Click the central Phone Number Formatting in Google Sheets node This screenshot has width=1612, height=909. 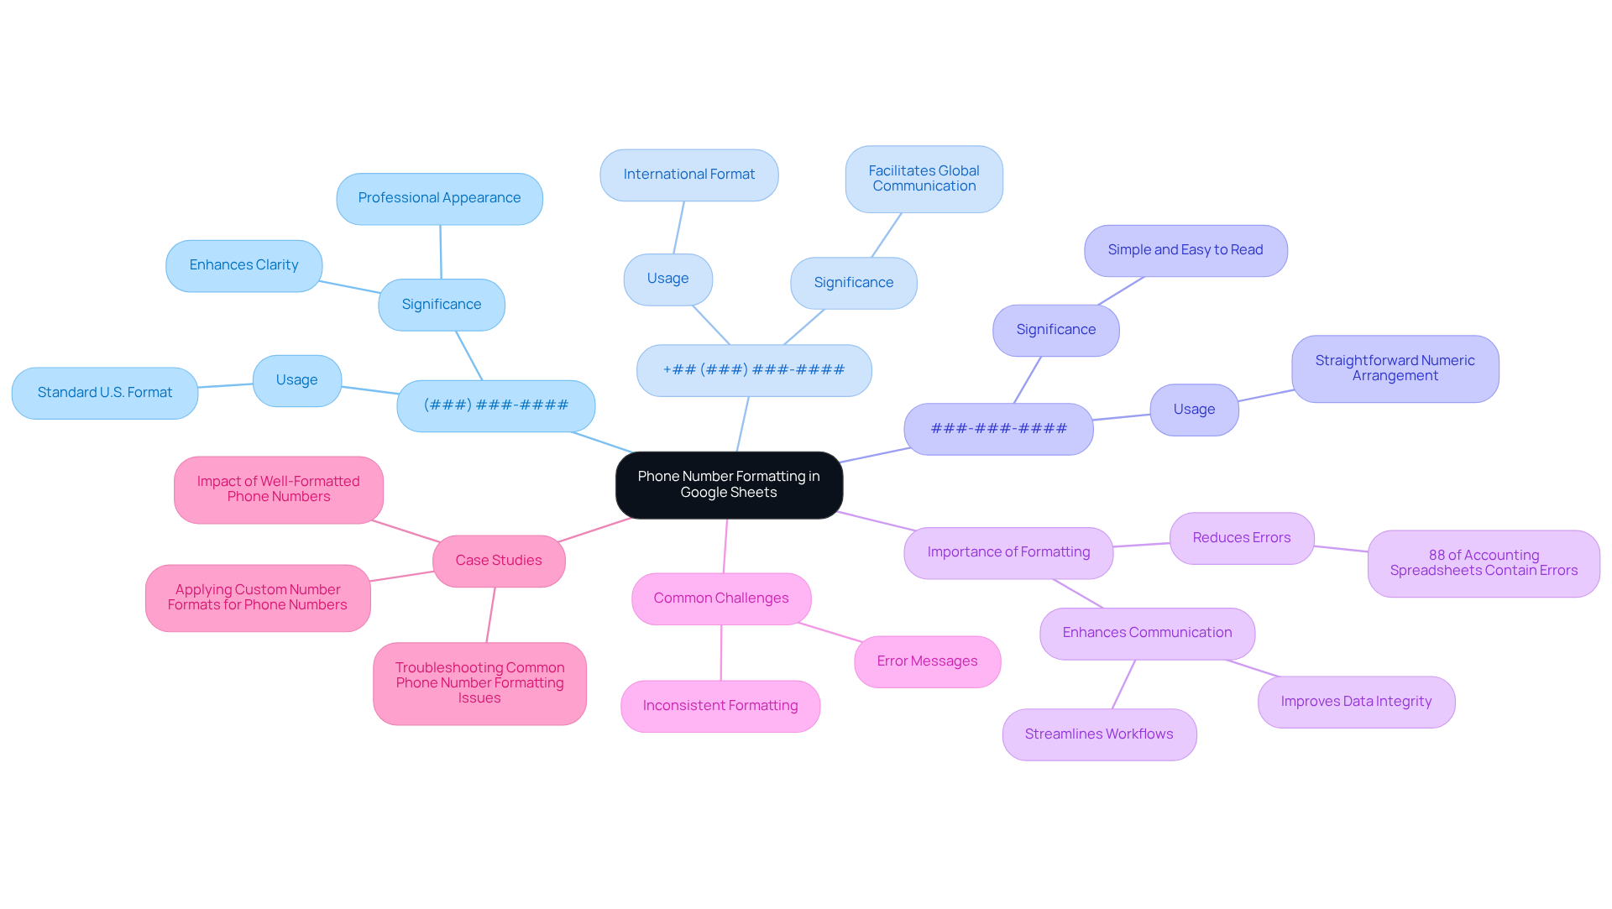click(x=729, y=484)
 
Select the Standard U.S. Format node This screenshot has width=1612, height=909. click(x=105, y=393)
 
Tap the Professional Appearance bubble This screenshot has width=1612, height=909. click(x=439, y=198)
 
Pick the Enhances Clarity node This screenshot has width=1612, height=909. click(x=243, y=265)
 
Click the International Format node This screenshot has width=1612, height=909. click(x=688, y=175)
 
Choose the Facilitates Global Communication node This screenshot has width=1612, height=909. click(x=924, y=179)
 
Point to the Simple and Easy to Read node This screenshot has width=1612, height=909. click(x=1185, y=250)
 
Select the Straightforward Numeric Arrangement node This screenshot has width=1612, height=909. click(x=1395, y=368)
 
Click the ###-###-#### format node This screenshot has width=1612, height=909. click(x=998, y=429)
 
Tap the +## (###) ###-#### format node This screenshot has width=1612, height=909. click(x=753, y=370)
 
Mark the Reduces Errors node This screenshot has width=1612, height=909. click(x=1241, y=538)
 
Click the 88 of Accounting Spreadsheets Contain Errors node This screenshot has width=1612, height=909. click(x=1483, y=563)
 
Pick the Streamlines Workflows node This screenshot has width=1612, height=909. click(x=1098, y=734)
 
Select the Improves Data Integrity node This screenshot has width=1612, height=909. click(x=1356, y=702)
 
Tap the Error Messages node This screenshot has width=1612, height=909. click(x=927, y=661)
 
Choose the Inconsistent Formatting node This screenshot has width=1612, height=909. click(x=720, y=706)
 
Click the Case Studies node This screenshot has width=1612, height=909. click(x=499, y=561)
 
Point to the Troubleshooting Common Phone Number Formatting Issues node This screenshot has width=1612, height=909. click(x=479, y=683)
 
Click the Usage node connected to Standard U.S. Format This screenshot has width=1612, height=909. click(x=296, y=380)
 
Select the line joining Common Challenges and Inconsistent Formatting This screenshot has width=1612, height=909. click(x=720, y=653)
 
